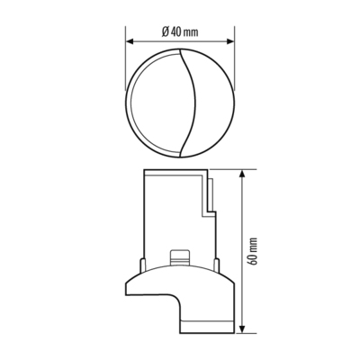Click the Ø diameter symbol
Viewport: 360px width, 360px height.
164,31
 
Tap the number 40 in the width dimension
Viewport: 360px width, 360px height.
175,31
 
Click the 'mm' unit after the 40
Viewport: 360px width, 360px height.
191,31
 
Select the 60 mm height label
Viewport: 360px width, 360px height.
255,249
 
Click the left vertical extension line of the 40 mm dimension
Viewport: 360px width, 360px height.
125,54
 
